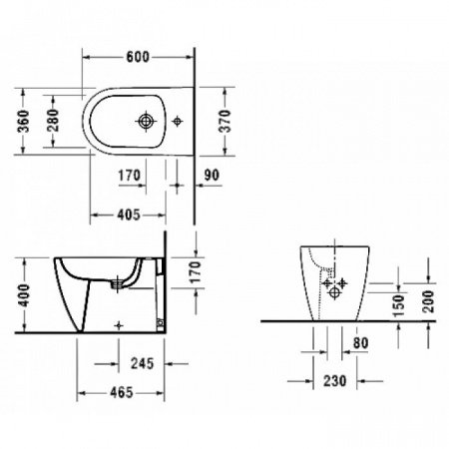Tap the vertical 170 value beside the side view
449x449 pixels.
(196, 271)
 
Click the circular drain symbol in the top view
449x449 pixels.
(148, 121)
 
